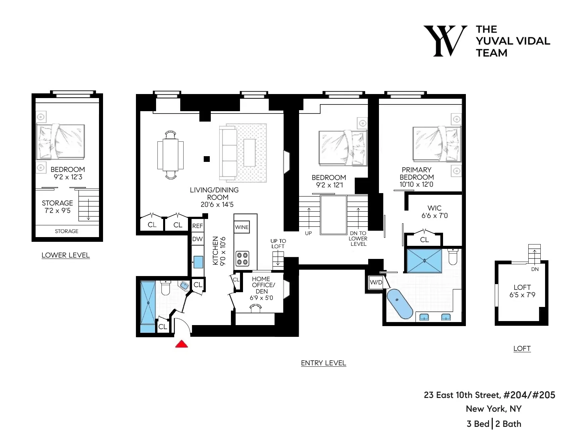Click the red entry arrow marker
(182, 344)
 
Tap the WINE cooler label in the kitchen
(242, 227)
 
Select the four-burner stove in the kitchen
(242, 259)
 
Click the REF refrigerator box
(197, 226)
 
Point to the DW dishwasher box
(197, 239)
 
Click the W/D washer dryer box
(376, 282)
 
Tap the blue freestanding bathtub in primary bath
(399, 304)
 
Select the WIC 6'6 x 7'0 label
(434, 212)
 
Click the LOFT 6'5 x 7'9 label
(522, 291)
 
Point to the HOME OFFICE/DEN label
(262, 288)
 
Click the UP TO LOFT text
(278, 243)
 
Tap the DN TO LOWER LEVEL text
(358, 238)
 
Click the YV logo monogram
(445, 41)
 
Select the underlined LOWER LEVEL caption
(65, 255)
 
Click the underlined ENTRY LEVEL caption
(323, 363)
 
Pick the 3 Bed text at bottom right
(478, 424)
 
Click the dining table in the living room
(171, 155)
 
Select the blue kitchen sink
(198, 262)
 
